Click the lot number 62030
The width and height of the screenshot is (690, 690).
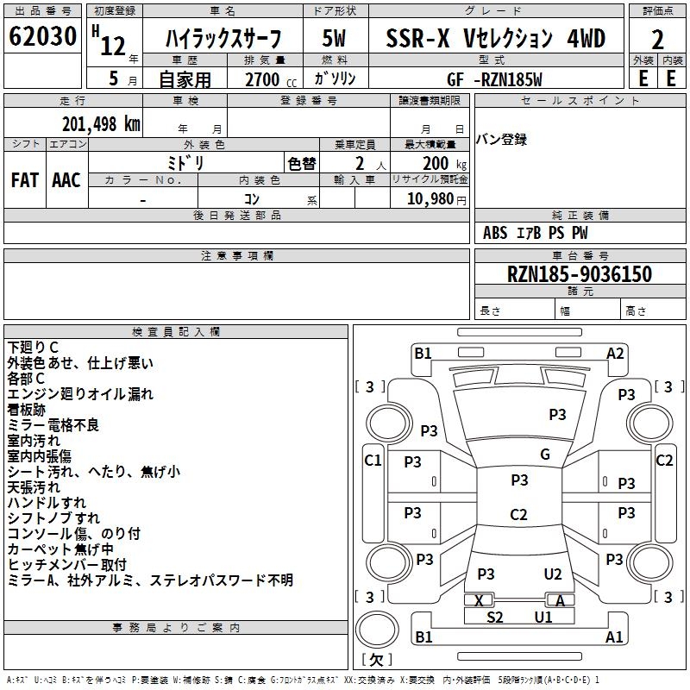(x=42, y=36)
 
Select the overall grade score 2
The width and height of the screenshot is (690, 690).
(x=657, y=40)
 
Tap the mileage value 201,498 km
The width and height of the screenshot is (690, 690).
(x=101, y=124)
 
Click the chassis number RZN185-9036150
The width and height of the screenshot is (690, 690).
(x=580, y=273)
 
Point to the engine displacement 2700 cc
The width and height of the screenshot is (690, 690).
(x=271, y=79)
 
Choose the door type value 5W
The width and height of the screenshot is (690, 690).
(x=334, y=38)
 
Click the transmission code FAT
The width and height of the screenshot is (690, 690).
(x=25, y=180)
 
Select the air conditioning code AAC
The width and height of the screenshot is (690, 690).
(x=66, y=180)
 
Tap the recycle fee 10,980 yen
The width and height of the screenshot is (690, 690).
(x=436, y=199)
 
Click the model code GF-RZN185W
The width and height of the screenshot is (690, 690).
(x=494, y=79)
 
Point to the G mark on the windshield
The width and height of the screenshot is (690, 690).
(x=545, y=455)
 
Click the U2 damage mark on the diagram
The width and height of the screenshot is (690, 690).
(x=553, y=574)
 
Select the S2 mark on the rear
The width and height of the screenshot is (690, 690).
(x=494, y=618)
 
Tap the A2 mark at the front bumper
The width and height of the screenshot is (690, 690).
(x=615, y=354)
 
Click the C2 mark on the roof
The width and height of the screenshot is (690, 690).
(x=518, y=514)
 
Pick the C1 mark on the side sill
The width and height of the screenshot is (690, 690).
(x=373, y=461)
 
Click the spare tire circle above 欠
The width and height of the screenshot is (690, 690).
(x=377, y=630)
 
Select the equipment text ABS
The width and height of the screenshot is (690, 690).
(x=495, y=233)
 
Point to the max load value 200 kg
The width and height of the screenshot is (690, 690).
(x=444, y=164)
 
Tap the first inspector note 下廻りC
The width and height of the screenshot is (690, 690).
(x=33, y=348)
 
